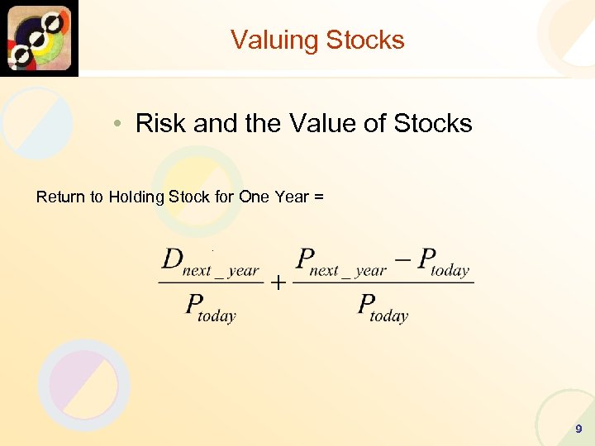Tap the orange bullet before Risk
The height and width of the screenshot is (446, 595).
pos(120,125)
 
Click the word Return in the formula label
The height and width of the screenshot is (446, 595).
pos(61,197)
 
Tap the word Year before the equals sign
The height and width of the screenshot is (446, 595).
pos(293,197)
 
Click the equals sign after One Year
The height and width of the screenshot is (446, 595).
pos(319,197)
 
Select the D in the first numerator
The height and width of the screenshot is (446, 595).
pos(172,259)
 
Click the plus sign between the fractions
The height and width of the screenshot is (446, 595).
pos(278,284)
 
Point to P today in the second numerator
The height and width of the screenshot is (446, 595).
pos(443,263)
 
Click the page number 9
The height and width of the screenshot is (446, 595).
pos(578,429)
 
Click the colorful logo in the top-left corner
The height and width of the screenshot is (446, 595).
pos(39,38)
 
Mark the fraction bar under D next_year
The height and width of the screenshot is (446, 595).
pos(211,283)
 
